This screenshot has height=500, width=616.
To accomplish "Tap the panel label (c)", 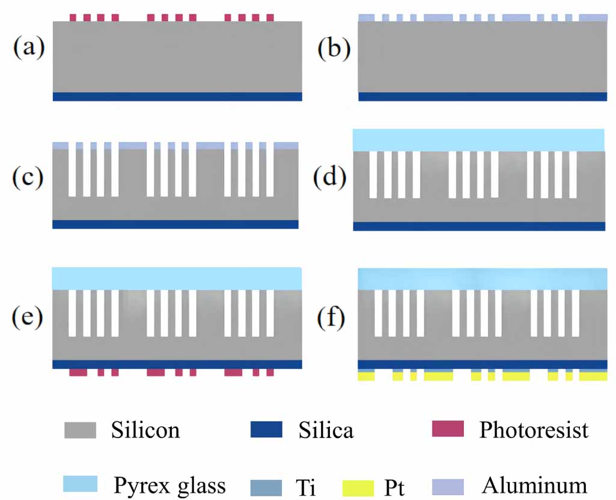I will click(28, 178).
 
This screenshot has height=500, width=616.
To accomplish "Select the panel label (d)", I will click(330, 178).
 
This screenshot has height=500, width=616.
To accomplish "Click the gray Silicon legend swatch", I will click(81, 430).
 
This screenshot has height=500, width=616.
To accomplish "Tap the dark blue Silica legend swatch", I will click(265, 430).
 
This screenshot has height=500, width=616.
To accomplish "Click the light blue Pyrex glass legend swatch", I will click(81, 483).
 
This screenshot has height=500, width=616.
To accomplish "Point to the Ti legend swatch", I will click(266, 484).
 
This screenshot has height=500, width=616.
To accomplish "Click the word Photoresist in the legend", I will click(534, 430).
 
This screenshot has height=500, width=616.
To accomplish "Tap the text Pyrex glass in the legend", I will click(169, 485).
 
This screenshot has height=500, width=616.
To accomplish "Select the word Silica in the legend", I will click(326, 430).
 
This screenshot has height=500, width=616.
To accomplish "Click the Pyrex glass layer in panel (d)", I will click(478, 140).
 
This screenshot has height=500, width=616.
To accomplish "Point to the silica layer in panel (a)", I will click(177, 96).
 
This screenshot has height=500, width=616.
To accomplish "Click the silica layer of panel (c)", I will click(175, 224).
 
